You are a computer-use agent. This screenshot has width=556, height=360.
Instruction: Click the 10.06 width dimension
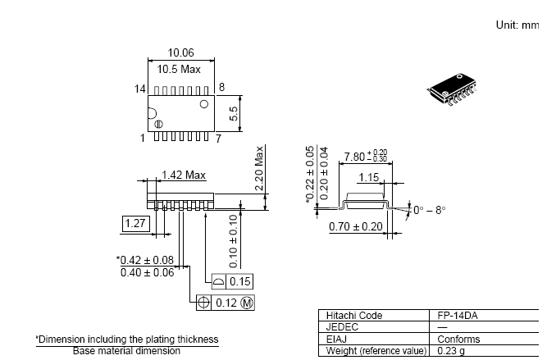tap(180, 52)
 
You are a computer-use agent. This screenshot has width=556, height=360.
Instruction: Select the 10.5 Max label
tap(179, 69)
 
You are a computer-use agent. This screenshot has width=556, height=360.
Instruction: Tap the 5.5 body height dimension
tap(234, 114)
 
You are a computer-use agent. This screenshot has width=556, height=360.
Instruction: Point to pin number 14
tap(140, 89)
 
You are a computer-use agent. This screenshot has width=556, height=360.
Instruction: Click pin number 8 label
tap(221, 87)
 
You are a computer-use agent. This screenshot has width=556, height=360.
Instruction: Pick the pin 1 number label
tap(143, 138)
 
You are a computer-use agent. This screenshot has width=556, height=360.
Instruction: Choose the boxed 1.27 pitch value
tap(135, 223)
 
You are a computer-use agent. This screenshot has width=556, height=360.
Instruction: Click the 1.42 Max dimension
tap(184, 175)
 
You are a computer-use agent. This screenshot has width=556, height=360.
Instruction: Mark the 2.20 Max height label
tap(260, 168)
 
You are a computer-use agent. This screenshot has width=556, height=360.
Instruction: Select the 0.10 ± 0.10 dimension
tap(234, 241)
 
